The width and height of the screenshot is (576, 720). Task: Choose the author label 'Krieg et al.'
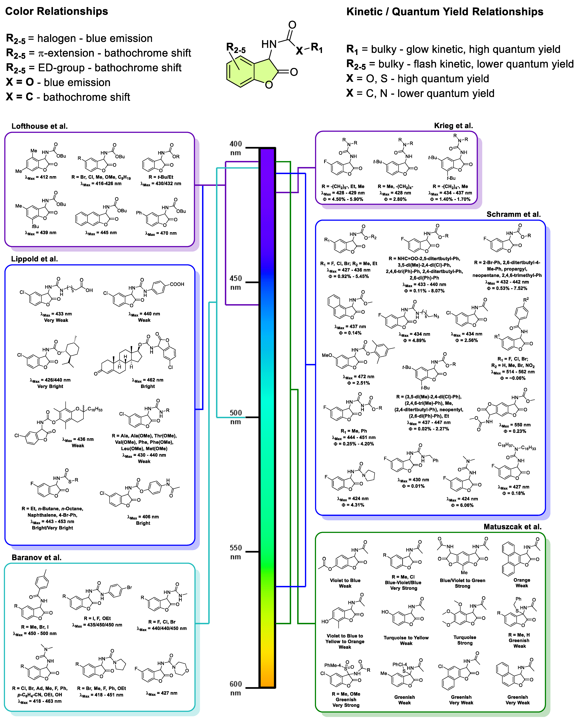453,126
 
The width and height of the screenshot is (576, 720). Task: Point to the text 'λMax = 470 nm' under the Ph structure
161,233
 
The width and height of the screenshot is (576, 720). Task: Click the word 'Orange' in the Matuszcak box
522,580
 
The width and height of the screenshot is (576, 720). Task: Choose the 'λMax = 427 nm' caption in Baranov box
162,693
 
